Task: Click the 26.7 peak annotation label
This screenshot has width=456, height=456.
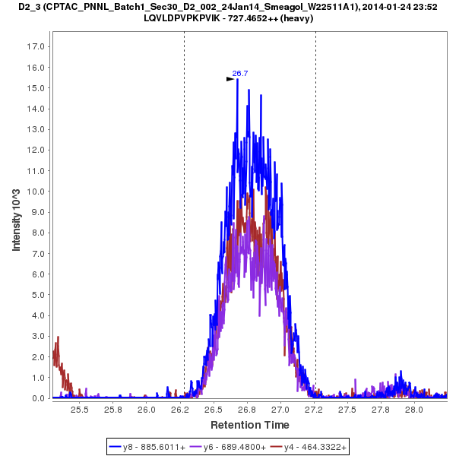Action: click(x=240, y=74)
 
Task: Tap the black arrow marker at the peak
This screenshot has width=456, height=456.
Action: click(x=231, y=78)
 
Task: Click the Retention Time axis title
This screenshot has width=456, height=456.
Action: click(x=249, y=425)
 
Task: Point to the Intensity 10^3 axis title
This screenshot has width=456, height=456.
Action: click(x=17, y=215)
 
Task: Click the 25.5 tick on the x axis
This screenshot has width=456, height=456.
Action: click(x=80, y=410)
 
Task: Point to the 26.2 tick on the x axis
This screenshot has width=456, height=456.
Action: click(x=180, y=410)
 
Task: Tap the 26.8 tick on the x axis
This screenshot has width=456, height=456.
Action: click(x=247, y=410)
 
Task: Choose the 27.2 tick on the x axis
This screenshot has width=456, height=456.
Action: click(x=314, y=410)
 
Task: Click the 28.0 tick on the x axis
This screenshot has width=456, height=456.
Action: click(x=414, y=410)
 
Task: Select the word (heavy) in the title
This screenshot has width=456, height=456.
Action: click(x=296, y=18)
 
